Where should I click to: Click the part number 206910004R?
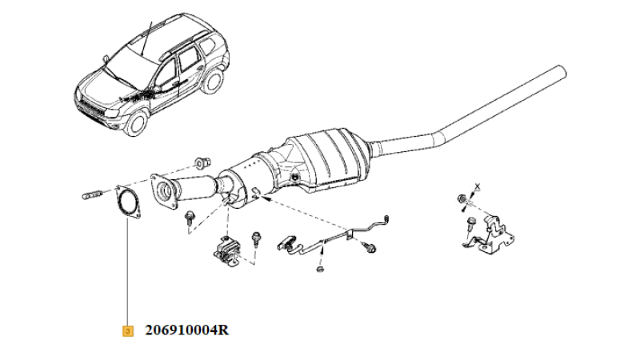click(x=187, y=330)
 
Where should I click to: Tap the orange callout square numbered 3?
click(x=128, y=330)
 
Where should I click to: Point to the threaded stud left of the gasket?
click(x=92, y=194)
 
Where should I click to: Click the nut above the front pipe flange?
click(x=202, y=162)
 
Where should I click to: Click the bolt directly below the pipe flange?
click(x=190, y=218)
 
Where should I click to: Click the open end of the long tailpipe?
click(x=562, y=72)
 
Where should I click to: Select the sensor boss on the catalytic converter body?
click(x=294, y=178)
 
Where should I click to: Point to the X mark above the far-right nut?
click(x=478, y=187)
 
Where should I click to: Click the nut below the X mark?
click(x=462, y=199)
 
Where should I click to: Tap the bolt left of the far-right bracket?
click(x=470, y=225)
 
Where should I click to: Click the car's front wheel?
click(x=136, y=122)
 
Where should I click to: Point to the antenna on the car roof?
click(x=146, y=38)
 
